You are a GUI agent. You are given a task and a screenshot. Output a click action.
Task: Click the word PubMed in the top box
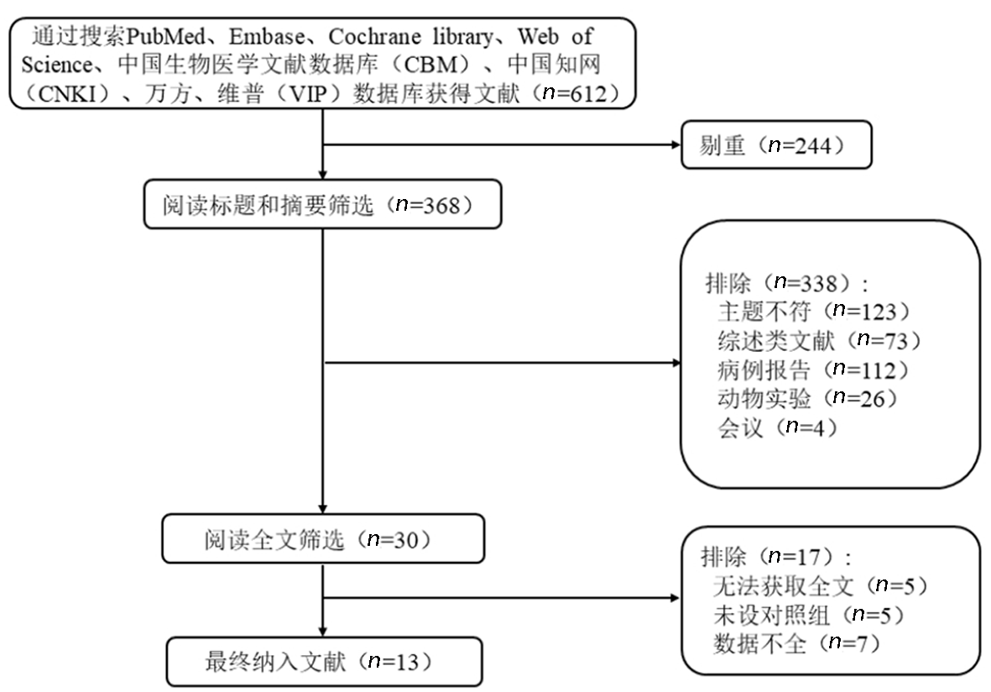coord(165,37)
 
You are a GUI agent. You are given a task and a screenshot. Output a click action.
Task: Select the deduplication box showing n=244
coord(776,144)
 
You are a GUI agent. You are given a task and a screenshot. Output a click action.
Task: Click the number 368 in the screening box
coord(441,205)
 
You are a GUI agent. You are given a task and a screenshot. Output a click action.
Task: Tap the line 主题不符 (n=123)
coord(814,312)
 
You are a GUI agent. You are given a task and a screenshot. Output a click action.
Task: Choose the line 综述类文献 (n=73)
coord(820,340)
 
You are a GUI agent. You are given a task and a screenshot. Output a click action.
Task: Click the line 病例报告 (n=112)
coord(813,370)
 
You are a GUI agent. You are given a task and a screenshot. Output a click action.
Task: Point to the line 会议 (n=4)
coord(777,427)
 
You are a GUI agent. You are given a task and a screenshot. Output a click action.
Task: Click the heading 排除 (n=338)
coord(787,283)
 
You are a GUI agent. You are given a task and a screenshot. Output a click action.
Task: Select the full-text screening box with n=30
coord(323,538)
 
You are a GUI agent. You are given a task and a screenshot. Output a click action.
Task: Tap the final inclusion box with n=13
coord(324,662)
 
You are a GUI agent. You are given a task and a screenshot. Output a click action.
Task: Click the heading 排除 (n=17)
coord(776,557)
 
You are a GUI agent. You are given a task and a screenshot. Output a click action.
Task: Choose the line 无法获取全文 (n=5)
coord(821,585)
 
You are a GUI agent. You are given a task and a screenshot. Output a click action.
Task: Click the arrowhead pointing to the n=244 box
coord(676,144)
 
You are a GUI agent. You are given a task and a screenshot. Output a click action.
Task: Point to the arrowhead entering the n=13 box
coord(323,632)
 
